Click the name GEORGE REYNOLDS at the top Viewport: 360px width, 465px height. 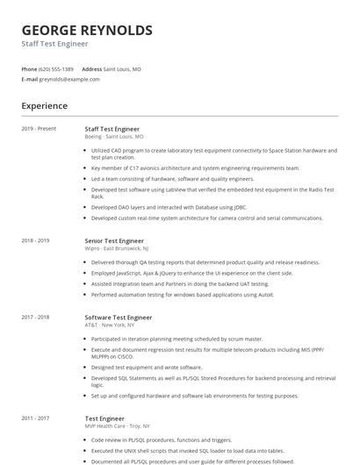pos(87,31)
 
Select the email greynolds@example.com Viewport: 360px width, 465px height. pos(69,79)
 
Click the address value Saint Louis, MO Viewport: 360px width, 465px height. pos(122,68)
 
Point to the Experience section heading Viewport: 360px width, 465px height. pos(45,106)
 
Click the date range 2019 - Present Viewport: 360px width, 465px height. pos(39,129)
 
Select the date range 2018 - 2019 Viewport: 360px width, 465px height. pos(35,240)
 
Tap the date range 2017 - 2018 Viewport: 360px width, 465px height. pos(35,317)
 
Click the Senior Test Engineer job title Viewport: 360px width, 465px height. pos(114,240)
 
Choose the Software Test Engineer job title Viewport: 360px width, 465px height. pos(119,317)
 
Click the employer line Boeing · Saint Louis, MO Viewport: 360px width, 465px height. pos(114,137)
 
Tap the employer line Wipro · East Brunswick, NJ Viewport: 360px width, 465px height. pos(117,248)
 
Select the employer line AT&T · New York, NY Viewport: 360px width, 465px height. pos(110,325)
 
